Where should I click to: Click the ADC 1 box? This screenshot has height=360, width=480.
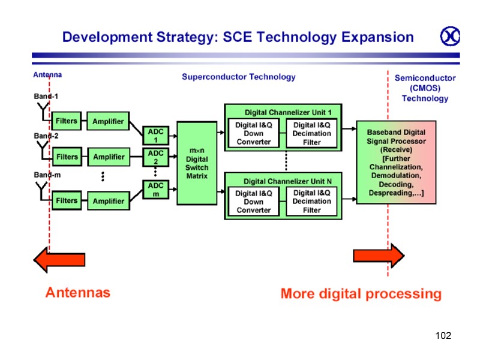pos(155,136)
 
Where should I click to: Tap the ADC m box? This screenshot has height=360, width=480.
pos(155,190)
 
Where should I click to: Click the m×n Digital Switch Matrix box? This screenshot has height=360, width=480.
pos(197,163)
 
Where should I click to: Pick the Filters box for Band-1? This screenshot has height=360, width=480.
pos(66,121)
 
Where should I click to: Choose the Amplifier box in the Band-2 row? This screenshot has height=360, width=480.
pos(109,157)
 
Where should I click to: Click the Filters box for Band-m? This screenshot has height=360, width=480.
pos(66,200)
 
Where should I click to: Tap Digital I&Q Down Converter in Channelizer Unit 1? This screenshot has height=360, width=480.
pos(254,133)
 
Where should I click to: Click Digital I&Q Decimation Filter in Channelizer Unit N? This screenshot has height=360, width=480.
pos(312,202)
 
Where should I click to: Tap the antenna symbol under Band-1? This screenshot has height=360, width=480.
pos(43,111)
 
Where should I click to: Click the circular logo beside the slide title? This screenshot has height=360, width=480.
pos(450,37)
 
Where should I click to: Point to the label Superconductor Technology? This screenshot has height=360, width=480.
pos(239,77)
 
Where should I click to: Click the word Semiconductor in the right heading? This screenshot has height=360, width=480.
pos(425,78)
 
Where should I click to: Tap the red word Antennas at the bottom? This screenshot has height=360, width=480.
pos(78,293)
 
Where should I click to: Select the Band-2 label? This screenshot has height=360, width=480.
pos(46,136)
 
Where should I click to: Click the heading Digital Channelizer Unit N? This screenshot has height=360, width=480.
pos(287,181)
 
